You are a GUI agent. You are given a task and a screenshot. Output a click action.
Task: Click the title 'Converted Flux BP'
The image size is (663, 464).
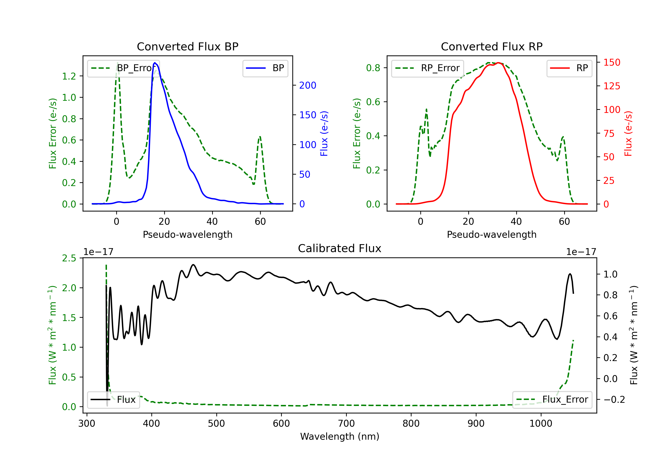187,46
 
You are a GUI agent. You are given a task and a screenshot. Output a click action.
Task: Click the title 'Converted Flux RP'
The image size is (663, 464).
492,46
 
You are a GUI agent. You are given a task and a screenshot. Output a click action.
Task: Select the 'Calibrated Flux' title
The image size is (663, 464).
340,248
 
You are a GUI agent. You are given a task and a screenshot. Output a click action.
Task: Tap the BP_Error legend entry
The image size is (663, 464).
124,68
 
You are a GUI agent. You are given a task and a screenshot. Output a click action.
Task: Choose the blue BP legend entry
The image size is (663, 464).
265,68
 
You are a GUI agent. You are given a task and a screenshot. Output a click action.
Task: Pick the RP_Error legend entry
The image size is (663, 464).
427,68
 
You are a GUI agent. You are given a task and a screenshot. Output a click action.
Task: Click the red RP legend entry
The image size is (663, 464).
569,68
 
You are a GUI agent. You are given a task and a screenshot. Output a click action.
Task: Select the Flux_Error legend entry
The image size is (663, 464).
552,400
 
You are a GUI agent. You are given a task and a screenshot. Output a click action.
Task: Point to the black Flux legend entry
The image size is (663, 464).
113,400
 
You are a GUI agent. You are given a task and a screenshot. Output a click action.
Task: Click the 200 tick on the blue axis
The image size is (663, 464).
308,85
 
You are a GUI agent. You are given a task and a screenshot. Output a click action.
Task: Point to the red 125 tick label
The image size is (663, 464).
612,86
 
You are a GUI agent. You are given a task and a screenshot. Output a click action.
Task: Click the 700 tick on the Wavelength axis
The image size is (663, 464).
346,424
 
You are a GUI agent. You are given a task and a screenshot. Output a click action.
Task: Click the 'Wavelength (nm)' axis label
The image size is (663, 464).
340,436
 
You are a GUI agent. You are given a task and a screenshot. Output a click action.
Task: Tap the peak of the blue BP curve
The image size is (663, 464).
155,63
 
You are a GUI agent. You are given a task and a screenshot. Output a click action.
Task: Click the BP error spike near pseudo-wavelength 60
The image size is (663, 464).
260,137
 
